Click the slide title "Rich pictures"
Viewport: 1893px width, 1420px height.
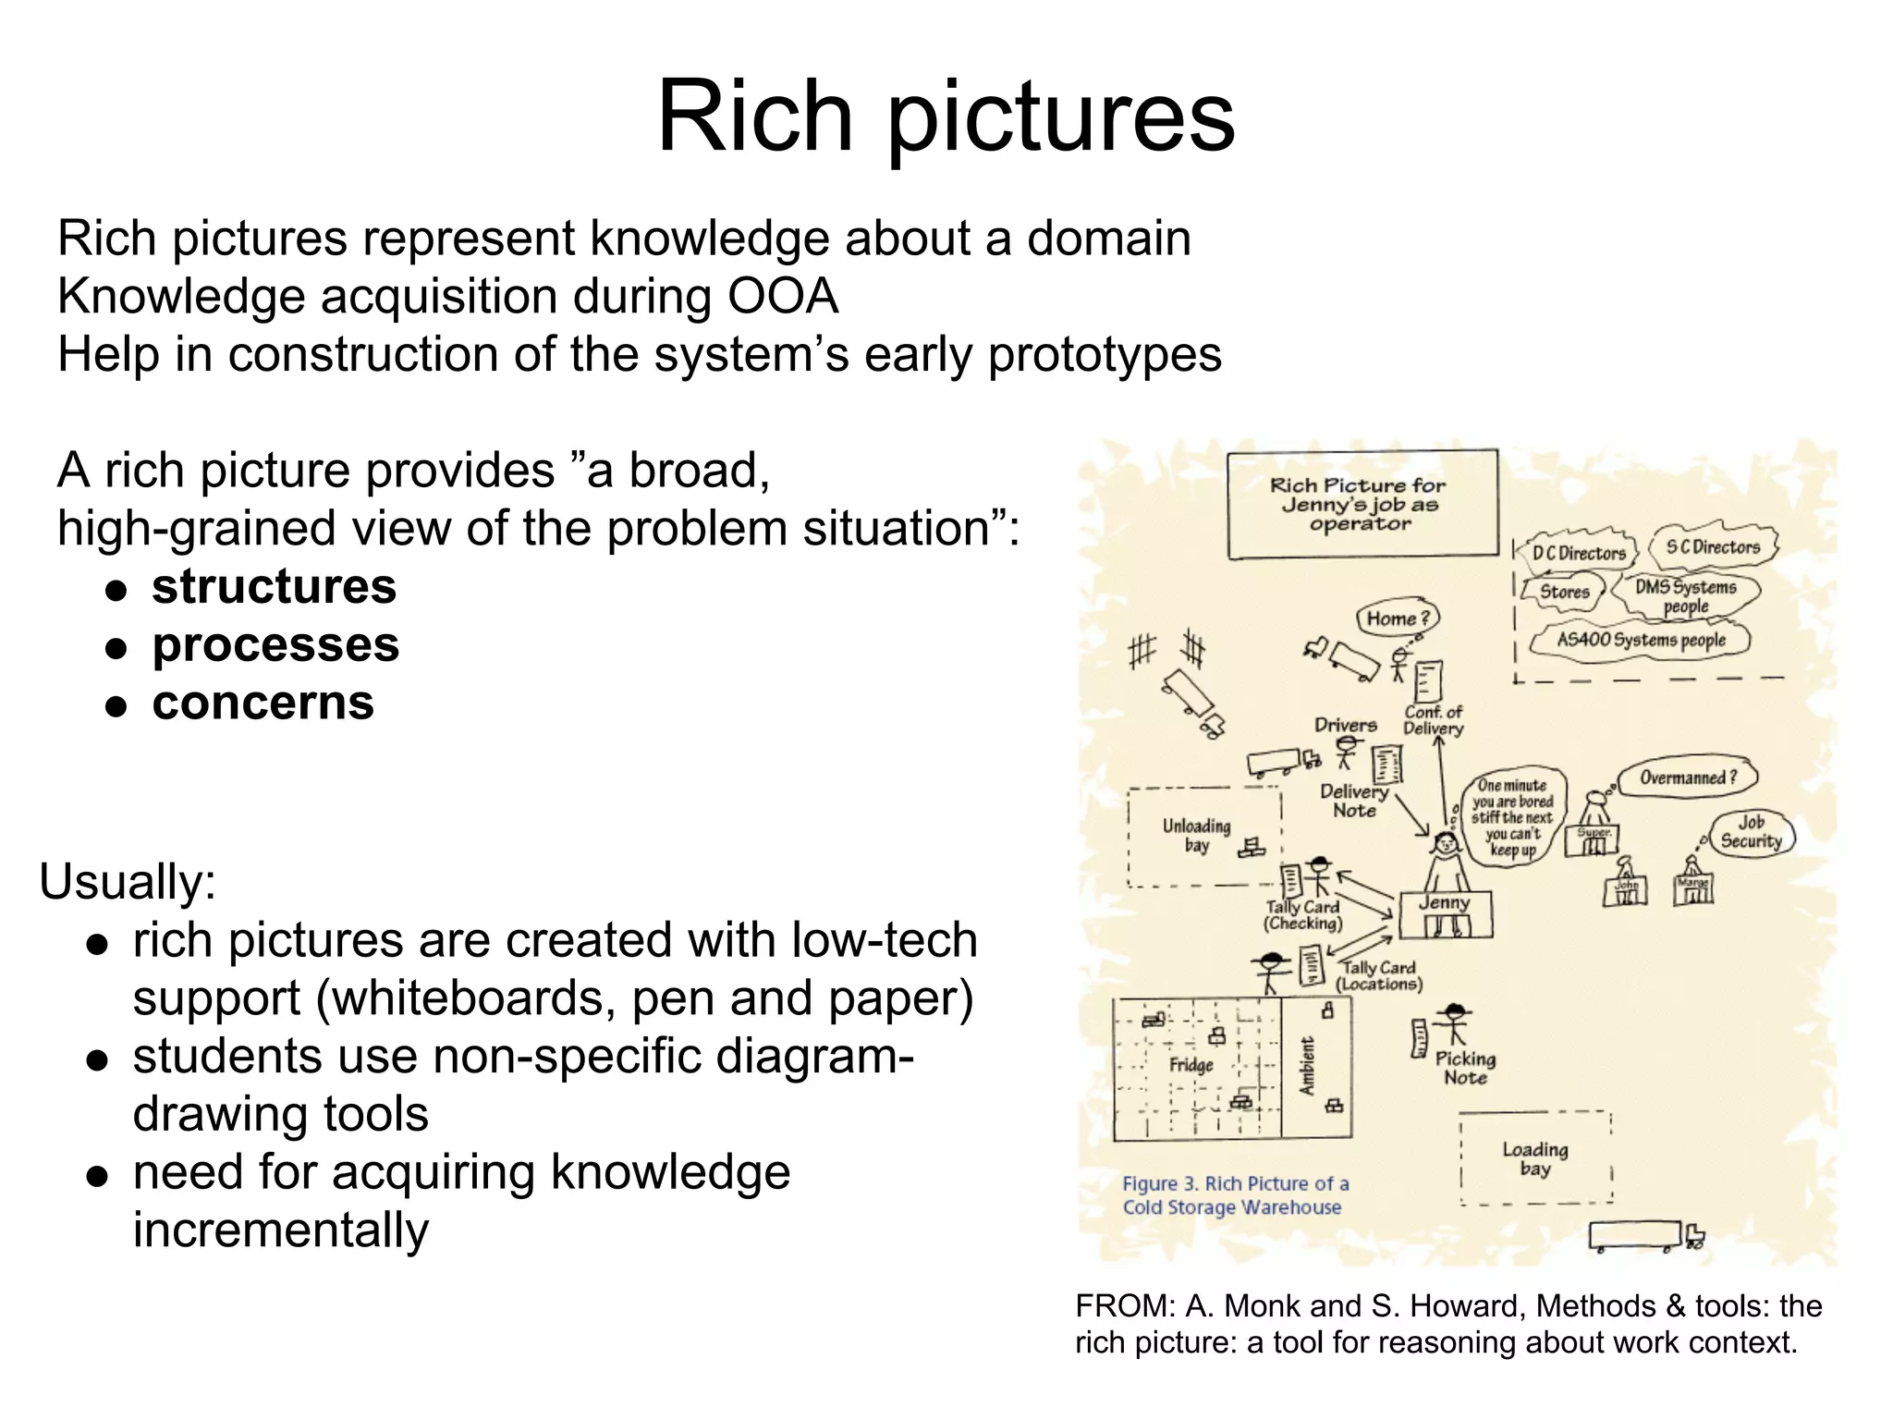tap(945, 117)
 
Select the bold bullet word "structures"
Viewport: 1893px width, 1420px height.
tap(274, 587)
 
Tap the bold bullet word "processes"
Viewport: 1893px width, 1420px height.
tap(275, 645)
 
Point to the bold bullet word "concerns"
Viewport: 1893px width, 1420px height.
tap(263, 703)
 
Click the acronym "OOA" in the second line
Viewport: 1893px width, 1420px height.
tap(783, 297)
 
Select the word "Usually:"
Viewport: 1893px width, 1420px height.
tap(128, 881)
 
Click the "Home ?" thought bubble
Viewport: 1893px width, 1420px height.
tap(1398, 618)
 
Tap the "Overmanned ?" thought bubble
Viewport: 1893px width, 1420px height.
tap(1688, 777)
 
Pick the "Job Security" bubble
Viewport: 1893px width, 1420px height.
tap(1751, 832)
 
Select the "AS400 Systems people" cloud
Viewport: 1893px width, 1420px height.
tap(1641, 640)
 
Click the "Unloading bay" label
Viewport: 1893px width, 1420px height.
tap(1196, 835)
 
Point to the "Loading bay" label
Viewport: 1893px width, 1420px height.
tap(1534, 1158)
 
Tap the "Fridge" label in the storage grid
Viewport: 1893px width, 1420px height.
tap(1191, 1065)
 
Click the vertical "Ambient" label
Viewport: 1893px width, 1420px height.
tap(1307, 1066)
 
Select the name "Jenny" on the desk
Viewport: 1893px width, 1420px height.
tap(1444, 903)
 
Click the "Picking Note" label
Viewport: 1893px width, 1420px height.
tap(1465, 1068)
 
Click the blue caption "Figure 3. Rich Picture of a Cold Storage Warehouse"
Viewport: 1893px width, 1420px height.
tap(1235, 1195)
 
